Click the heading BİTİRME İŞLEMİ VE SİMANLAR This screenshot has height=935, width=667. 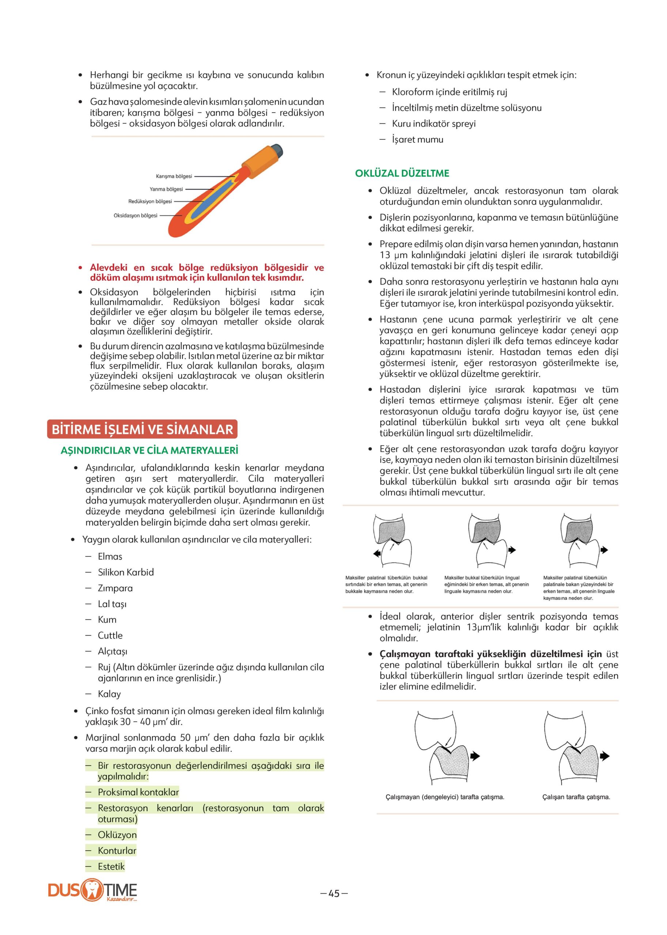pyautogui.click(x=142, y=429)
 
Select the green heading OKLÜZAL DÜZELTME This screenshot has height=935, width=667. pyautogui.click(x=402, y=173)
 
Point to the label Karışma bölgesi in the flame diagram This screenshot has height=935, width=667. pyautogui.click(x=174, y=176)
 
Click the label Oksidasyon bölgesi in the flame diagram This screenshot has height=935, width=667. pyautogui.click(x=135, y=215)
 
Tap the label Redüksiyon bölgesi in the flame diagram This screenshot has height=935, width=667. pyautogui.click(x=150, y=202)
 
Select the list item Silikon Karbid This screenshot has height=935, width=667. pyautogui.click(x=126, y=572)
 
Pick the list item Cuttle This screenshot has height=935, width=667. pyautogui.click(x=110, y=636)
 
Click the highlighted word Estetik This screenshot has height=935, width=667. pyautogui.click(x=111, y=866)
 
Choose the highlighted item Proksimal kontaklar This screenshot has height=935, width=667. pyautogui.click(x=139, y=792)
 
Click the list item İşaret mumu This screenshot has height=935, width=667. pyautogui.click(x=418, y=140)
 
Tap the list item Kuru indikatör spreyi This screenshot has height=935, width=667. pyautogui.click(x=434, y=123)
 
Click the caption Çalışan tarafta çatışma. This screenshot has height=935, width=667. pyautogui.click(x=576, y=797)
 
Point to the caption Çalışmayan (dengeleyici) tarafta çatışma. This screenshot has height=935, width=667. pyautogui.click(x=445, y=797)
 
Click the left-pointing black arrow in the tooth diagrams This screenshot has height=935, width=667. pyautogui.click(x=376, y=554)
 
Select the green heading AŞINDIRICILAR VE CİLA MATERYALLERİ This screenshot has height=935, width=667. pyautogui.click(x=149, y=450)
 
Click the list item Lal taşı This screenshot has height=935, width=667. pyautogui.click(x=112, y=604)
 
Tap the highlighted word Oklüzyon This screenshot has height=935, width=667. pyautogui.click(x=117, y=835)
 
